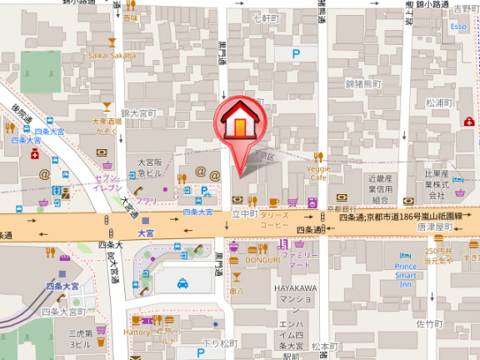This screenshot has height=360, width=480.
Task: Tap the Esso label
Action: (458, 27)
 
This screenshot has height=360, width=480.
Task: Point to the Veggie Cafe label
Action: (320, 172)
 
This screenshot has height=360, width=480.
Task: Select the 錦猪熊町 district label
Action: (363, 84)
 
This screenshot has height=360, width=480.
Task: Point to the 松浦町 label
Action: (437, 102)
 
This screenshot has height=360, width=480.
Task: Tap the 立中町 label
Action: (242, 214)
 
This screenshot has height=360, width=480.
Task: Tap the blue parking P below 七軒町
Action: (296, 53)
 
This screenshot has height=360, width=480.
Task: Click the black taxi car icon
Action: (182, 283)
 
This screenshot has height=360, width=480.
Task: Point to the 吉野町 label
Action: (463, 7)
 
